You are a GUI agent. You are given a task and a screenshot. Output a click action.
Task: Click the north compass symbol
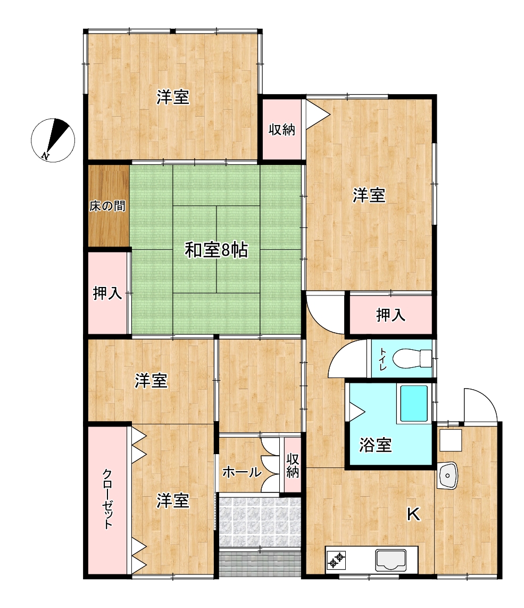pyautogui.click(x=53, y=139)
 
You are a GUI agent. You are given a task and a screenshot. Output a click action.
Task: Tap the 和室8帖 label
pyautogui.click(x=216, y=250)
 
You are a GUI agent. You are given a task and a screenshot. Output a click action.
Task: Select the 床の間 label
pyautogui.click(x=107, y=206)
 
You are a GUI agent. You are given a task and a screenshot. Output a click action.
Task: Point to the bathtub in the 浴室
pyautogui.click(x=414, y=404)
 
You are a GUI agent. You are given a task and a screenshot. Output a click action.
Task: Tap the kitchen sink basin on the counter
pyautogui.click(x=390, y=560)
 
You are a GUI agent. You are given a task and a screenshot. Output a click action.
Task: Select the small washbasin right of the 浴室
pyautogui.click(x=447, y=475)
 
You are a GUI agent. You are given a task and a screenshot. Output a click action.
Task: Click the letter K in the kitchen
pyautogui.click(x=413, y=514)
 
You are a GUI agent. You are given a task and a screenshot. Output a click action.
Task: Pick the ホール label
pyautogui.click(x=242, y=472)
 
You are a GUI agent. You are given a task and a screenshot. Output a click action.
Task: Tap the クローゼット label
pyautogui.click(x=107, y=499)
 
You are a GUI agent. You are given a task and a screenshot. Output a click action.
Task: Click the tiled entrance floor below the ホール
pyautogui.click(x=260, y=520)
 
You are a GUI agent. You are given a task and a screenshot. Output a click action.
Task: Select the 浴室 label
pyautogui.click(x=375, y=445)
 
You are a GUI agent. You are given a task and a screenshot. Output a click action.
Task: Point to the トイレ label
pyautogui.click(x=383, y=359)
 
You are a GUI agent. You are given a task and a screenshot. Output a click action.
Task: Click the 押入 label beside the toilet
pyautogui.click(x=390, y=315)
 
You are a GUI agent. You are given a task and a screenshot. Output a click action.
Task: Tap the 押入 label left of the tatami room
pyautogui.click(x=107, y=293)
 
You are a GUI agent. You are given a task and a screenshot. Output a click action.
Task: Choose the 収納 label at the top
pyautogui.click(x=282, y=129)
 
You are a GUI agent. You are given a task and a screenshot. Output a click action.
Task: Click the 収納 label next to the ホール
pyautogui.click(x=293, y=466)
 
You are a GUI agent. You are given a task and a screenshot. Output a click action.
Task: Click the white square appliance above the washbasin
pyautogui.click(x=451, y=440)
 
